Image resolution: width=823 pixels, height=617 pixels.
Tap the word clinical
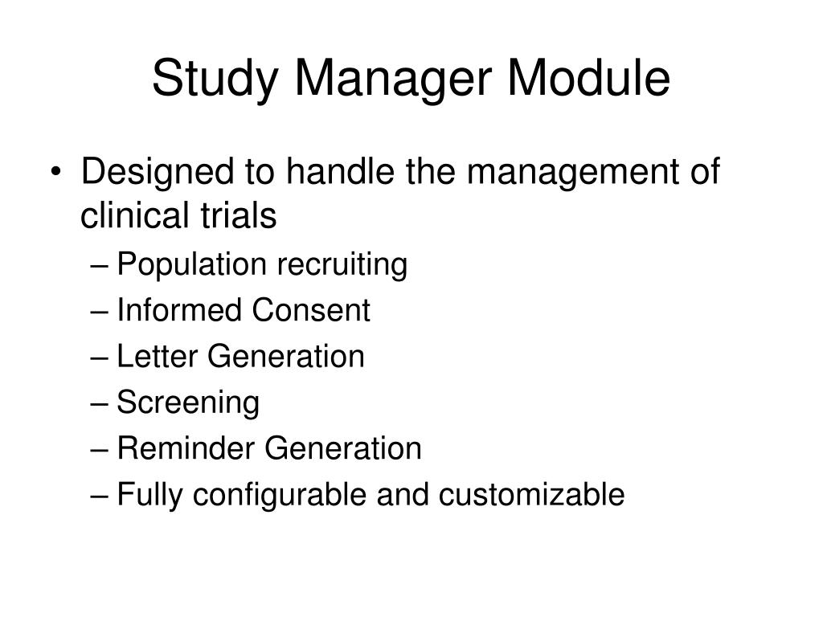133,215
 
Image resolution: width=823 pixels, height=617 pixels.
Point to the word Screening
188,402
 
